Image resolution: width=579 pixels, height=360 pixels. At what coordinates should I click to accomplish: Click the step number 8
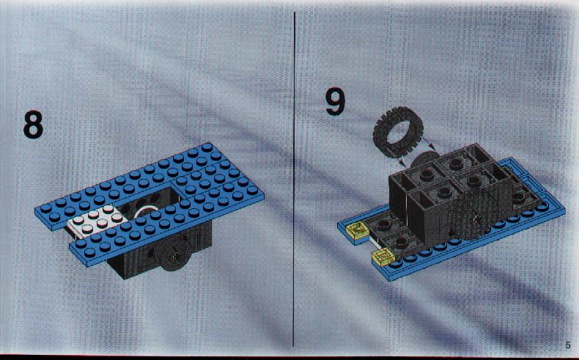(33, 125)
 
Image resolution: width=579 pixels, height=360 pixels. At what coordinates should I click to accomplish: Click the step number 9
(335, 100)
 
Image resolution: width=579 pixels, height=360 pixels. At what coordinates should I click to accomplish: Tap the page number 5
(567, 345)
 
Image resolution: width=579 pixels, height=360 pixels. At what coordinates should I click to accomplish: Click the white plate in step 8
(97, 221)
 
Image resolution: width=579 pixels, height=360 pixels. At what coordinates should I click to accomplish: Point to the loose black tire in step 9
(398, 131)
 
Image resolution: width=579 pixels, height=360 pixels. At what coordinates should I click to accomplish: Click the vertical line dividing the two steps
(294, 179)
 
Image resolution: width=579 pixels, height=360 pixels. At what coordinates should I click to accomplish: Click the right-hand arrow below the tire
(429, 144)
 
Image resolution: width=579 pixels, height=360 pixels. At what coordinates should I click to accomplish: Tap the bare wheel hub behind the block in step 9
(424, 159)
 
